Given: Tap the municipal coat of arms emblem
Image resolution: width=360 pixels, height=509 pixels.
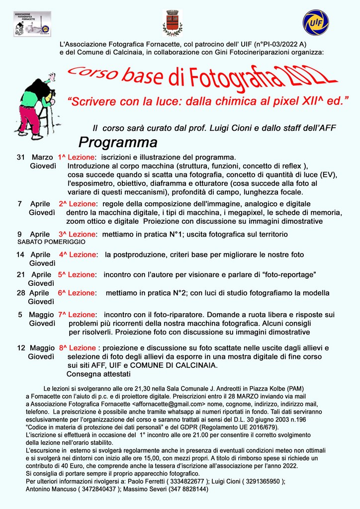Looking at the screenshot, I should (173, 23).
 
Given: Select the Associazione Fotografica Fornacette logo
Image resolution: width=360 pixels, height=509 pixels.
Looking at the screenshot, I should (32, 23).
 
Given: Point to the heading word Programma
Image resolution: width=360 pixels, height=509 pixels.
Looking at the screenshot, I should (118, 143).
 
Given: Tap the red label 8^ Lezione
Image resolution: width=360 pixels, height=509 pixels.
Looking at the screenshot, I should (77, 348).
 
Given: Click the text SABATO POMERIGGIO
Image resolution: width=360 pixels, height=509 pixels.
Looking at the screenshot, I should (51, 242).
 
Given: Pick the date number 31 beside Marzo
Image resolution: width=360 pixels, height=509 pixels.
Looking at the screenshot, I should (21, 157).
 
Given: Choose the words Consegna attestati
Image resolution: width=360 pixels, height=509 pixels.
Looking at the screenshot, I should (98, 374).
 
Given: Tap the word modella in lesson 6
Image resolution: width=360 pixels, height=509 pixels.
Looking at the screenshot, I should (315, 293).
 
